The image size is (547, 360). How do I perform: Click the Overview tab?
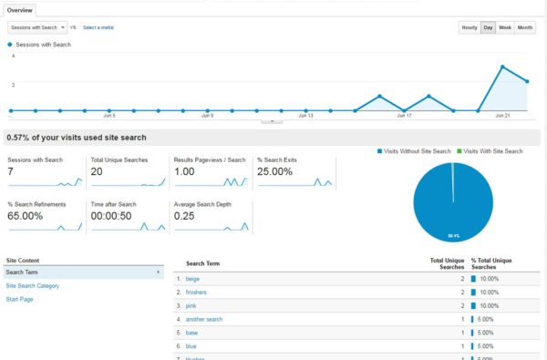pos(20,10)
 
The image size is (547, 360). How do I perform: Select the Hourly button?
pos(469,27)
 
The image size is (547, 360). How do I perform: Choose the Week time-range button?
pos(505,27)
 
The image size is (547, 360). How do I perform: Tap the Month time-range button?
pos(525,27)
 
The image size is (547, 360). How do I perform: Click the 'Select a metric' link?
pos(98,27)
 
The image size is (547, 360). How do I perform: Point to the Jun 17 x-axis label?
pos(404,116)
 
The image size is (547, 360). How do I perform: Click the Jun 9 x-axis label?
pos(207,116)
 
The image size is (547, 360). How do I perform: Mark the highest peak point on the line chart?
pos(502,67)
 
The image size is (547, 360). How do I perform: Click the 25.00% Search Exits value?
pos(276,171)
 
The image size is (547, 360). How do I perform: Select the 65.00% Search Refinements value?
pos(26,215)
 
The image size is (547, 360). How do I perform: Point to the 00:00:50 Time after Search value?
pos(113,215)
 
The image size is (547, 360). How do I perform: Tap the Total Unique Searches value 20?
pos(97,171)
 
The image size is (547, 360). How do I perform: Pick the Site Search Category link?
pos(32,285)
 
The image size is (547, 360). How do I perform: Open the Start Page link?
pos(19,299)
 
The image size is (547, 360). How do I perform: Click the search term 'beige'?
pos(192,278)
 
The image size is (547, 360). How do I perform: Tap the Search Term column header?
pos(203,262)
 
